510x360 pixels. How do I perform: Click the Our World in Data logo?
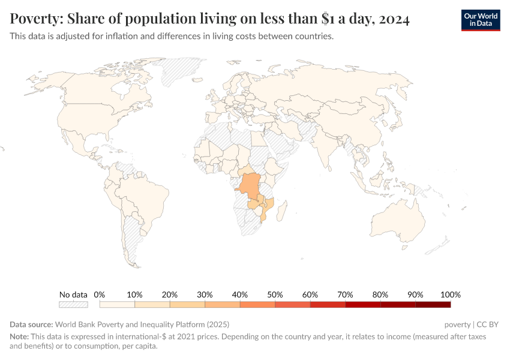pyautogui.click(x=480, y=20)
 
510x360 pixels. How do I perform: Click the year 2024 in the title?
pyautogui.click(x=394, y=20)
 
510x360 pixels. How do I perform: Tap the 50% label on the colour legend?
pyautogui.click(x=275, y=295)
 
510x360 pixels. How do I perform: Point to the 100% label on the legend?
pyautogui.click(x=451, y=295)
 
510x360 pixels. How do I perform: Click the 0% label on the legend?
pyautogui.click(x=100, y=295)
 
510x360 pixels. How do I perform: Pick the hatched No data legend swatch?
pyautogui.click(x=73, y=304)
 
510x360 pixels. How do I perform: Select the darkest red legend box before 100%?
pyautogui.click(x=433, y=304)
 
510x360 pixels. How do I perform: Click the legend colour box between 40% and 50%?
pyautogui.click(x=257, y=304)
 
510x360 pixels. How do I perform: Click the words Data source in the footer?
pyautogui.click(x=31, y=325)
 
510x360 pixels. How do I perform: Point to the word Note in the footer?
pyautogui.click(x=19, y=337)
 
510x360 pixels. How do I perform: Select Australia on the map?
pyautogui.click(x=398, y=220)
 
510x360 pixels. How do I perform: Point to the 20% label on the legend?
pyautogui.click(x=170, y=295)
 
